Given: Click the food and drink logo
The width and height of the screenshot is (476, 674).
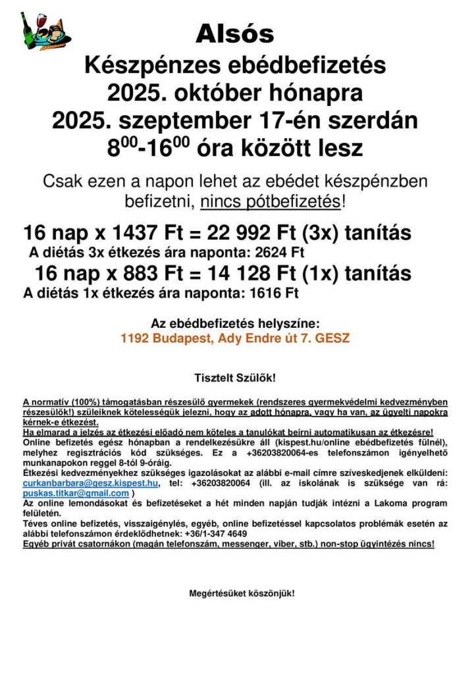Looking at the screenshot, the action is (x=45, y=30).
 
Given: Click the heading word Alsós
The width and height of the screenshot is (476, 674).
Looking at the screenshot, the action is (x=235, y=33).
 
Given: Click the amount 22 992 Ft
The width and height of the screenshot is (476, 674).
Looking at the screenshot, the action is (x=243, y=233).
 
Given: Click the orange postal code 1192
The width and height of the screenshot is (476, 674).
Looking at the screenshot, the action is (x=135, y=339).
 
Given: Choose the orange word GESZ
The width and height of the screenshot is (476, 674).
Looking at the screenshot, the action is (x=332, y=339).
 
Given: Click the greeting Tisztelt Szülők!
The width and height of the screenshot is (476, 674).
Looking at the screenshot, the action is (x=235, y=378).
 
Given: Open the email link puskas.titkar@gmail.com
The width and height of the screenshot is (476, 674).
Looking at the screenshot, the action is (x=76, y=492).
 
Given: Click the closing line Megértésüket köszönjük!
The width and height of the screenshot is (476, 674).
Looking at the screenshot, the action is (x=242, y=593).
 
